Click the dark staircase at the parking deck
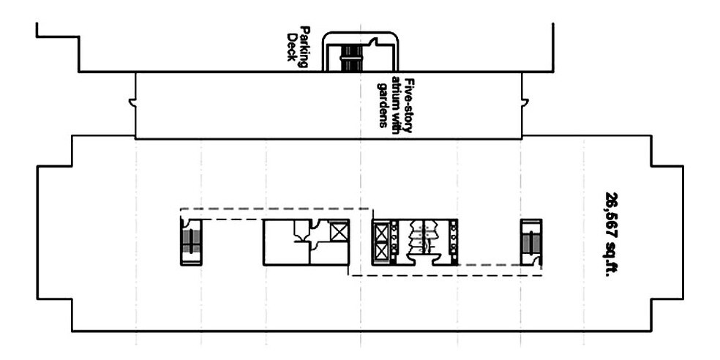click(x=352, y=57)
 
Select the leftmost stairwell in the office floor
click(x=191, y=241)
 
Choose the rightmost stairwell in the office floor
click(x=530, y=241)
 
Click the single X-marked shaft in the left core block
click(x=339, y=232)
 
